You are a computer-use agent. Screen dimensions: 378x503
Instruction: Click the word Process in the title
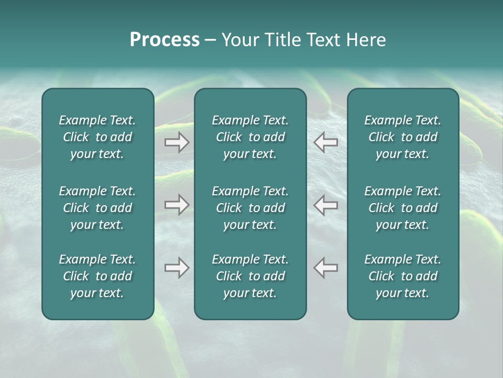165,40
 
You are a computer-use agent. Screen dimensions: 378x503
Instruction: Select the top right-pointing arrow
177,142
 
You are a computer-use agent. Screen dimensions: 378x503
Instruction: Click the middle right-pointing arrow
177,205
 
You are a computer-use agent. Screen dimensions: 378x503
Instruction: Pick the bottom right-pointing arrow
177,268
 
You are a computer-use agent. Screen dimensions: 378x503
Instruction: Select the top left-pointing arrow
326,142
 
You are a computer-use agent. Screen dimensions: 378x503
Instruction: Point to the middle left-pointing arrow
326,205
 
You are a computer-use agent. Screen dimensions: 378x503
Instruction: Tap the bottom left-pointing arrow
326,268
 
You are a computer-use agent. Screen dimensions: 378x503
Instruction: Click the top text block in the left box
97,137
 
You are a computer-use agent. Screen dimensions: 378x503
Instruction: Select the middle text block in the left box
97,208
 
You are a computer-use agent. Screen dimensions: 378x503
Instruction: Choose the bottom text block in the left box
97,276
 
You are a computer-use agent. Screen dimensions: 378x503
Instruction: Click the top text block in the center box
250,137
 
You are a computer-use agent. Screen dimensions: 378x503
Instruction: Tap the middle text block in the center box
250,208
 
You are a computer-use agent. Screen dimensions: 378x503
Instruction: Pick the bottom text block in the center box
250,276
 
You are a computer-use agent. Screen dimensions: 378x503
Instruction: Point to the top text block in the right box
403,137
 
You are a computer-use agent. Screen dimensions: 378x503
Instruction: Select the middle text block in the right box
403,208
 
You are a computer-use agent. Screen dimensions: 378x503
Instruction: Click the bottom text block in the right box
403,276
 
